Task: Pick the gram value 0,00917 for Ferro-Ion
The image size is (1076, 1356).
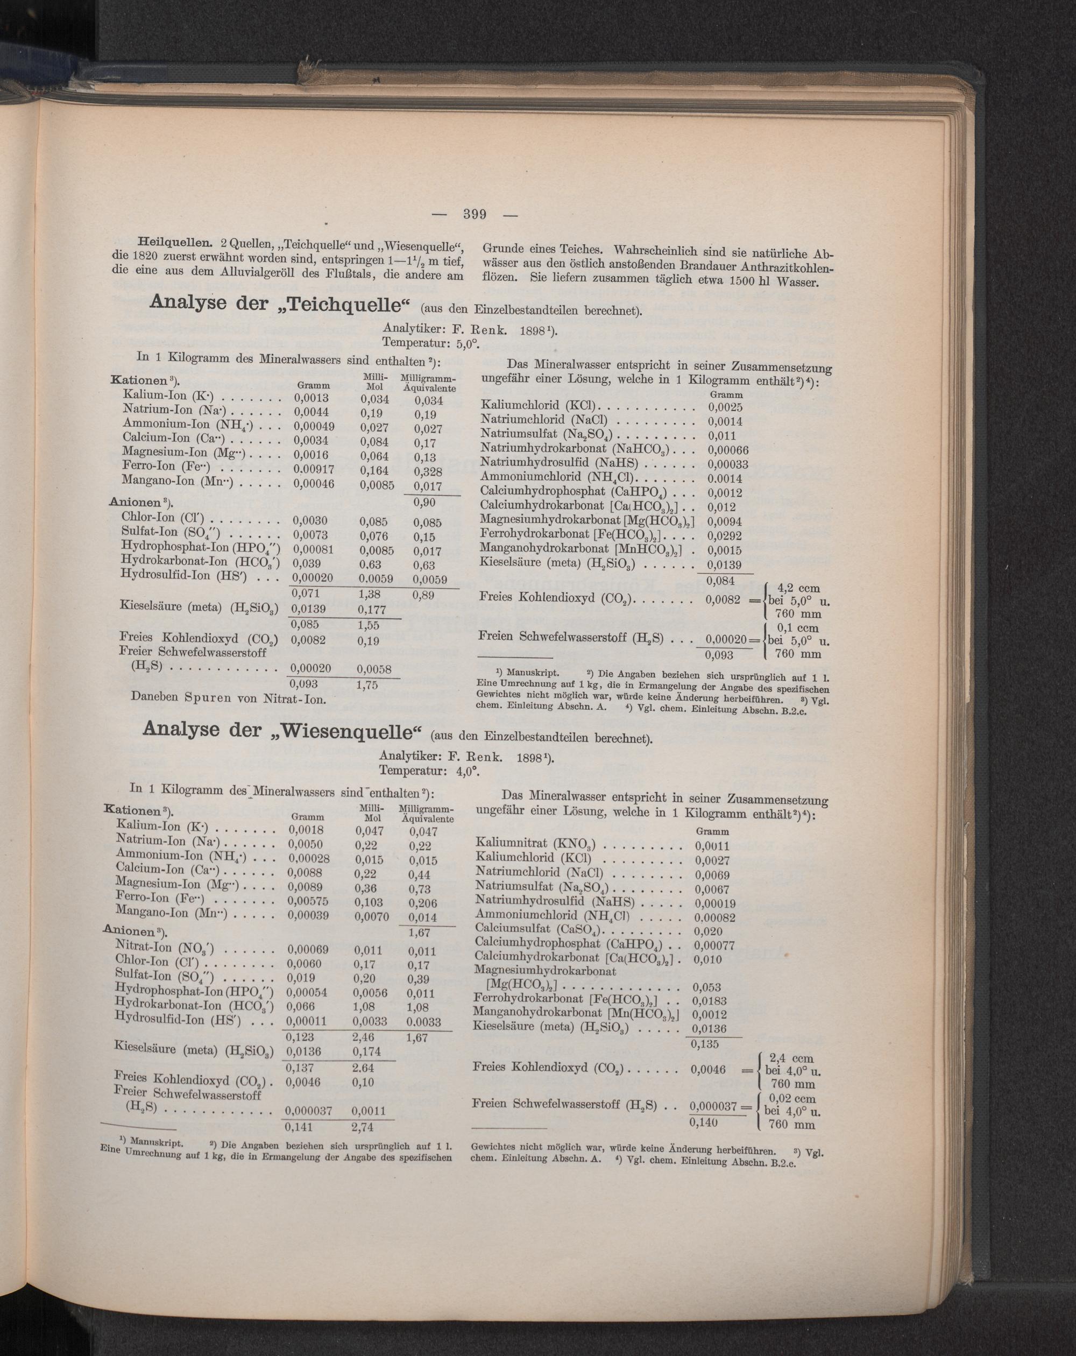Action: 314,469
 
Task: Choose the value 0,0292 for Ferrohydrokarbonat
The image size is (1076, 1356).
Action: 725,536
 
